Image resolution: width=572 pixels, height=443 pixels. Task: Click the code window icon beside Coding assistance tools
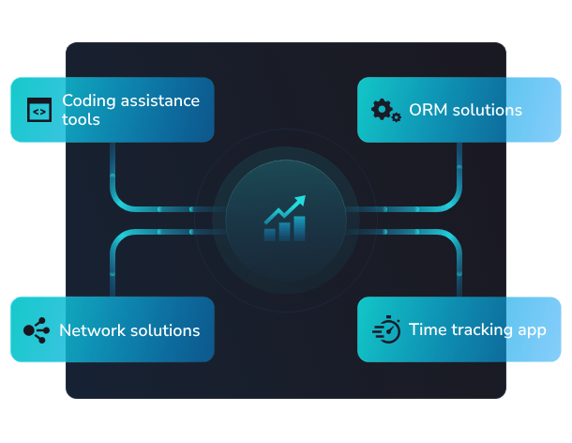pyautogui.click(x=38, y=110)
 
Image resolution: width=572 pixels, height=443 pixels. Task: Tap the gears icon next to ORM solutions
pyautogui.click(x=385, y=110)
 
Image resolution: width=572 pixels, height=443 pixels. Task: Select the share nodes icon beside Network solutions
pyautogui.click(x=36, y=330)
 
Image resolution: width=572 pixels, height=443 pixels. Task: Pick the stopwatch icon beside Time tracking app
pyautogui.click(x=386, y=330)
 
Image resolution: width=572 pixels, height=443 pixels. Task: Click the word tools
pyautogui.click(x=81, y=120)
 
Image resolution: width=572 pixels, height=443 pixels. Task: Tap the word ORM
pyautogui.click(x=429, y=111)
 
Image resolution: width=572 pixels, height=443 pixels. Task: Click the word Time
pyautogui.click(x=427, y=330)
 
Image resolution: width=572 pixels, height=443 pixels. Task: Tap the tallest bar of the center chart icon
pyautogui.click(x=299, y=229)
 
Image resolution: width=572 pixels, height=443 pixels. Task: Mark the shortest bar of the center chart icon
pyautogui.click(x=270, y=234)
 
